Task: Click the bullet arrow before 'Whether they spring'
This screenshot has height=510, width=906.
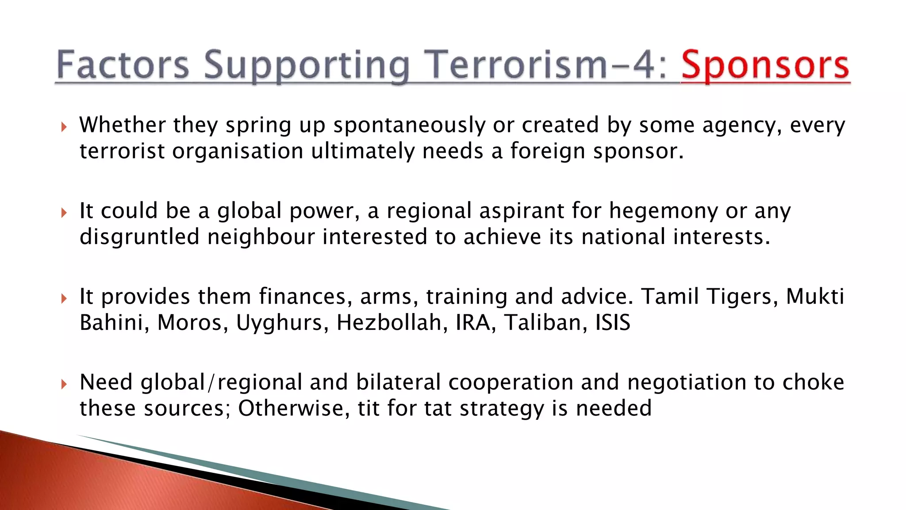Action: click(x=64, y=127)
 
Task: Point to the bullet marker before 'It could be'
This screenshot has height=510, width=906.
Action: click(x=64, y=213)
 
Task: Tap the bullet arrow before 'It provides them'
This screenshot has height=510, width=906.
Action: click(x=64, y=299)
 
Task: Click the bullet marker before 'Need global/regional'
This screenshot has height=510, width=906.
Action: click(x=64, y=384)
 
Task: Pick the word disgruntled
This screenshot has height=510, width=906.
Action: click(x=139, y=237)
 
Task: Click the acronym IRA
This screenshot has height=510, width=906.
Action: click(x=473, y=323)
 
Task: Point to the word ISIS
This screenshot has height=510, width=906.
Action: click(x=613, y=323)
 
